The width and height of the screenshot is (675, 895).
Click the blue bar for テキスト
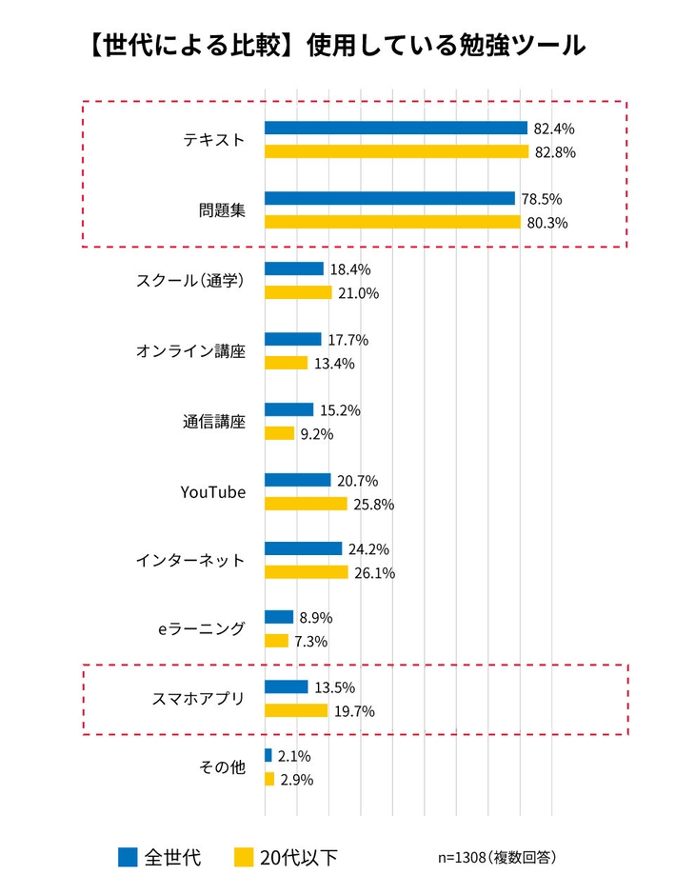395,128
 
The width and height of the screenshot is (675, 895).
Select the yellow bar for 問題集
392,223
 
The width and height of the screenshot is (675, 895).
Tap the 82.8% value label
557,152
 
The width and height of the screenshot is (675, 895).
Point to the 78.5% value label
542,199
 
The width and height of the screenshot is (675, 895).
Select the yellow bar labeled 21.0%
297,293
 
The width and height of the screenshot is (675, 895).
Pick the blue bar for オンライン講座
292,339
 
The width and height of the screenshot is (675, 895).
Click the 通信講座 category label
214,422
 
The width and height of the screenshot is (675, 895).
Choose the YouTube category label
213,492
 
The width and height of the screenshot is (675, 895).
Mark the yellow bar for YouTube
305,504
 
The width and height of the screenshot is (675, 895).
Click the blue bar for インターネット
303,549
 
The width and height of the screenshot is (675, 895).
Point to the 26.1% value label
375,573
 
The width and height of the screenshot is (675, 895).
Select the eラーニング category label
202,629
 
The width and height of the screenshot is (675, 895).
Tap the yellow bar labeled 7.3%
276,641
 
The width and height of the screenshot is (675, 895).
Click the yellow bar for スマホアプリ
295,710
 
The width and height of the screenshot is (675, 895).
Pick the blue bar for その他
268,756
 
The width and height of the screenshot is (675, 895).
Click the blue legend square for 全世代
128,857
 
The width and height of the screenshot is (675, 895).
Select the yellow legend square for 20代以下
243,857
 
